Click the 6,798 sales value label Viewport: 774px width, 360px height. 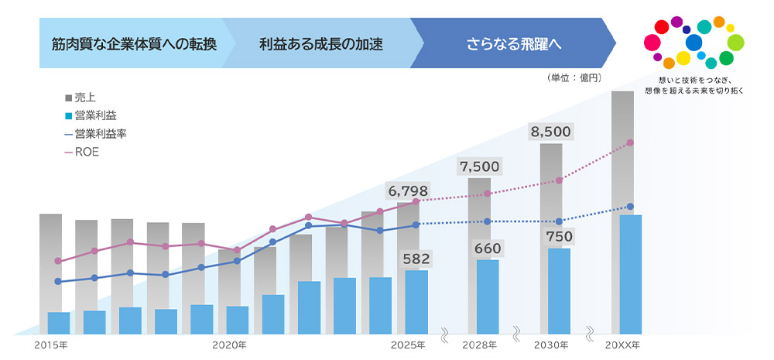tap(407, 191)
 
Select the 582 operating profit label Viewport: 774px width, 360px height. tap(416, 259)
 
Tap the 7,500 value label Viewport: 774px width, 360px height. tap(479, 166)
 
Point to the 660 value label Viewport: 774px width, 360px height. tap(488, 249)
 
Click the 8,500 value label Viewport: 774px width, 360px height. tap(550, 132)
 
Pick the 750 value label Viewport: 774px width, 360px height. tap(559, 236)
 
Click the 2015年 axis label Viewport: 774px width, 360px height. tap(51, 345)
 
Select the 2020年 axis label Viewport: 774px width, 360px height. tap(229, 345)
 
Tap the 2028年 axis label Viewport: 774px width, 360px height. tap(479, 345)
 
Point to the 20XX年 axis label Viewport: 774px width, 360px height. tap(623, 345)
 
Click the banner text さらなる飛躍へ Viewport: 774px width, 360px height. tap(513, 42)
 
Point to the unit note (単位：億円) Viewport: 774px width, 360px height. tap(574, 78)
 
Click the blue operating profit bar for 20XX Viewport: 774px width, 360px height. tap(631, 274)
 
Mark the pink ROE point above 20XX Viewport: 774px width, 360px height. tap(630, 142)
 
